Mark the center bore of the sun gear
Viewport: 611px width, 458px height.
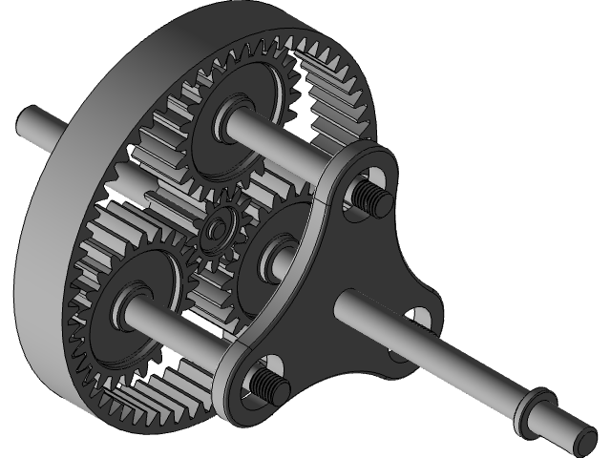[x=219, y=230]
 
